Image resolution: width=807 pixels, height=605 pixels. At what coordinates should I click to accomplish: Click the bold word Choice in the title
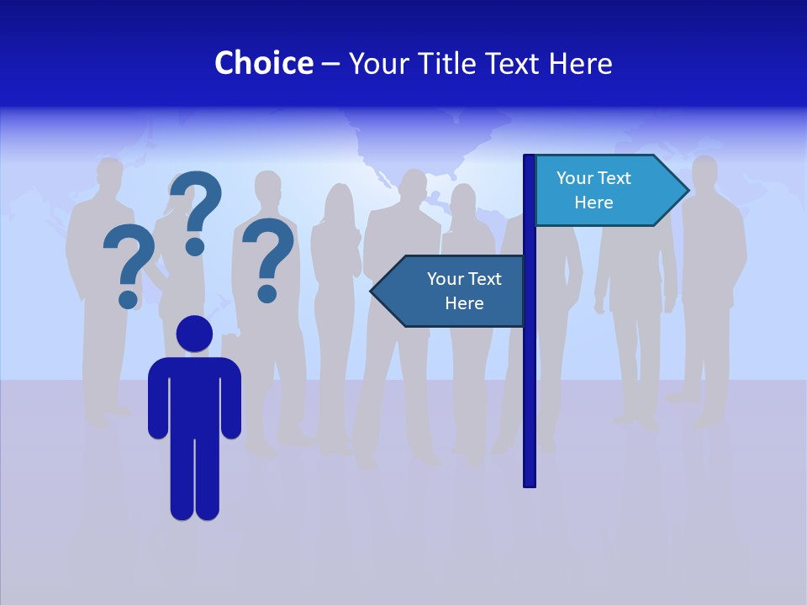(263, 63)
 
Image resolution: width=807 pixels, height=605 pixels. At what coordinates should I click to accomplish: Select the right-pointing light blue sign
(605, 190)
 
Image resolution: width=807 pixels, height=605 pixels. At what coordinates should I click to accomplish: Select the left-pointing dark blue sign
(454, 291)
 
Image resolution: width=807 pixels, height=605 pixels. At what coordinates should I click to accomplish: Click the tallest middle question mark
(197, 202)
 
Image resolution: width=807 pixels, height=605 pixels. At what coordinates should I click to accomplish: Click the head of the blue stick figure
(194, 334)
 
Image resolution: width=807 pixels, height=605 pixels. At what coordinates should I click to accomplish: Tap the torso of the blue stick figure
(194, 395)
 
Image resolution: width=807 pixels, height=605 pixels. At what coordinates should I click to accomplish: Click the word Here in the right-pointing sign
(593, 203)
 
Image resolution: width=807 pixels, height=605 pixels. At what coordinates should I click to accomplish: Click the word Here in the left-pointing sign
(464, 303)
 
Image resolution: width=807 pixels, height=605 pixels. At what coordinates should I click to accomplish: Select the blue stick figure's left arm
(158, 399)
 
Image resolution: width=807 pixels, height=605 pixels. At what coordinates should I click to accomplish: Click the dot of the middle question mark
(195, 245)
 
